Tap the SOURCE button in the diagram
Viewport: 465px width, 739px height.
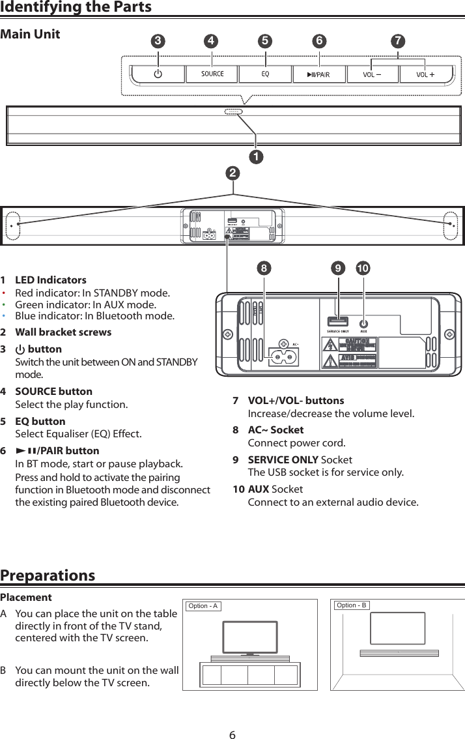(212, 74)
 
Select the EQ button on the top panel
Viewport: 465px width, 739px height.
(266, 74)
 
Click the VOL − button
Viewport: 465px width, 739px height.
(373, 74)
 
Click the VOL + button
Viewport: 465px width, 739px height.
(426, 74)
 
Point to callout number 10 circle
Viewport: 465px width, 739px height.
(363, 268)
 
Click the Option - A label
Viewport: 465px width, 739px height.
(203, 606)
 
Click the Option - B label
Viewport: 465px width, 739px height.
(351, 605)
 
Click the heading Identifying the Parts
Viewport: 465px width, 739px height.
(76, 7)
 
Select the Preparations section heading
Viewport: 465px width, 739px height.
(48, 575)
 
